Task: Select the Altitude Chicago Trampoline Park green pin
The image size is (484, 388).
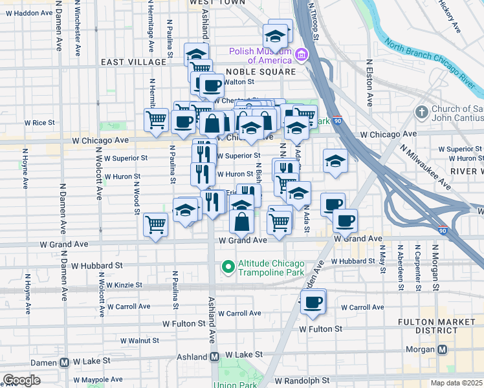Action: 228,266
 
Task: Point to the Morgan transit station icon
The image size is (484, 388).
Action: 443,350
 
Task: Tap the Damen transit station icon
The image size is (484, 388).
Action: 65,363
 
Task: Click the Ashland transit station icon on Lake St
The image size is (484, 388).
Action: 214,357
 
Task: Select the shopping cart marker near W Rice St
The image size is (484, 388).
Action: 157,120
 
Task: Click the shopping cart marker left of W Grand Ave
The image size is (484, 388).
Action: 156,225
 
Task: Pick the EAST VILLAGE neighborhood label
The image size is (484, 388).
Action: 134,62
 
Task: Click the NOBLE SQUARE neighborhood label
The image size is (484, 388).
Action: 260,72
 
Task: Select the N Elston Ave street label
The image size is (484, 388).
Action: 370,83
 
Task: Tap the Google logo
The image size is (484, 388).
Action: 21,380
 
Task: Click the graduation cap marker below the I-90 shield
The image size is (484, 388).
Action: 335,162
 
